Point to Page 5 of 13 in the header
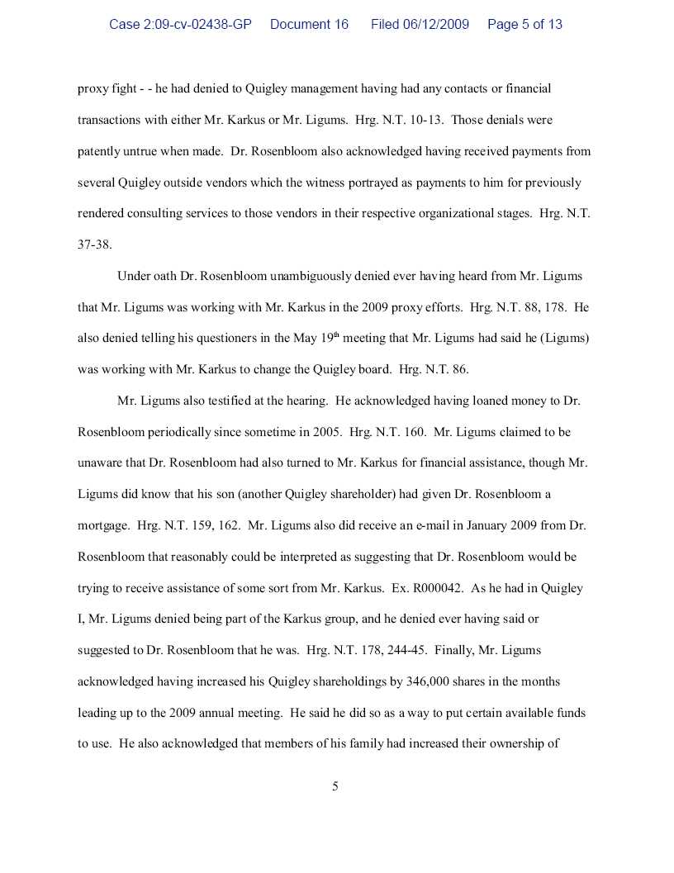524,25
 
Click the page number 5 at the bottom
335,786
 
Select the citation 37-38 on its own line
94,244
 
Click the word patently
99,151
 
